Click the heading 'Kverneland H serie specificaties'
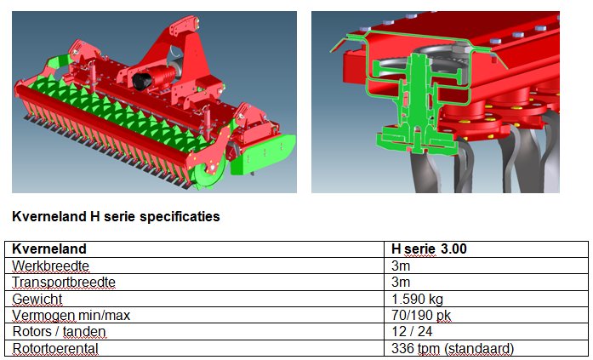point(116,217)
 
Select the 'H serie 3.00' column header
point(429,249)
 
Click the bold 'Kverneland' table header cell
point(49,249)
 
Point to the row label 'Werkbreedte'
point(51,266)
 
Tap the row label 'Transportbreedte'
point(64,282)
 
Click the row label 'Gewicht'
point(37,299)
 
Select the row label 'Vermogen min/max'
point(71,316)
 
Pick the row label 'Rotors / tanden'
point(59,332)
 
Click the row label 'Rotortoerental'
point(55,348)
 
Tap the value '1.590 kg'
point(417,299)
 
